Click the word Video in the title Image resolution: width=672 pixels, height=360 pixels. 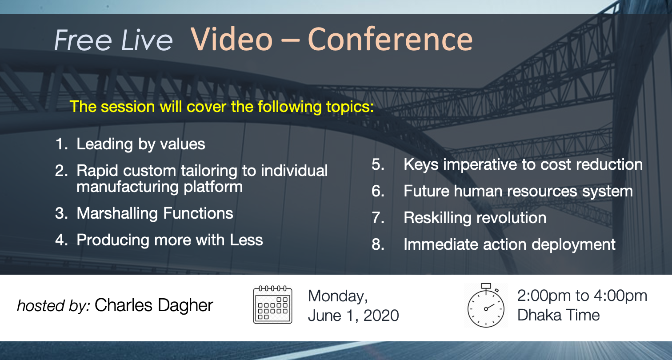point(232,39)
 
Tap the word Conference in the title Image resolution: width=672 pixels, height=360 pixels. point(390,39)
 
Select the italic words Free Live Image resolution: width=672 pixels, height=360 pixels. point(113,40)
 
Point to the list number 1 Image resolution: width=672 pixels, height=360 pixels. point(61,144)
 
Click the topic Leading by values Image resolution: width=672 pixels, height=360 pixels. point(141,144)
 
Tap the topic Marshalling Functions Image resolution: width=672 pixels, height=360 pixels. point(155,214)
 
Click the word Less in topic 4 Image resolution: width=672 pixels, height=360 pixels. point(246,240)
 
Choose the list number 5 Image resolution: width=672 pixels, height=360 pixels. point(378,164)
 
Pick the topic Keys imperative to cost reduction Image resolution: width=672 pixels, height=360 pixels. point(523,165)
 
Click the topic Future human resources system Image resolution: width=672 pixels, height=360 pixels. point(518,192)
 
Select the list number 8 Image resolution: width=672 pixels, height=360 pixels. point(378,244)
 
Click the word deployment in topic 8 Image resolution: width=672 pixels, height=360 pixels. point(573,245)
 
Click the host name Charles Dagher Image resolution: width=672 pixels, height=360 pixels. point(154,306)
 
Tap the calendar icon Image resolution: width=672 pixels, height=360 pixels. point(273,304)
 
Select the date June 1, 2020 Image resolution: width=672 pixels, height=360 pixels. point(353,316)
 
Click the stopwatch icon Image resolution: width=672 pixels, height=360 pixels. point(486,305)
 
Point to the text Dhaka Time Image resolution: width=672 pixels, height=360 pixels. point(558,315)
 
